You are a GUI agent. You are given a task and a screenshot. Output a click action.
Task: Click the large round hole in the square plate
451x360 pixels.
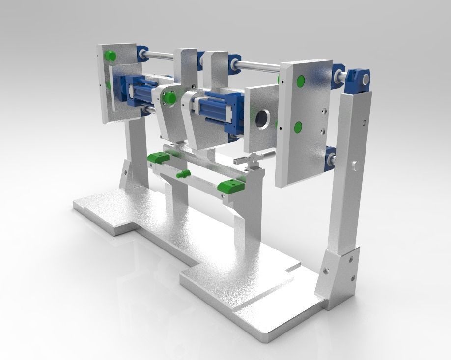[x=263, y=118]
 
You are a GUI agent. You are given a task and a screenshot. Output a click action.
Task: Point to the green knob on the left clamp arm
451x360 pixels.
[x=170, y=97]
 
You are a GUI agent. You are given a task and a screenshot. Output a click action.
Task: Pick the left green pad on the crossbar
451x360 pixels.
[x=158, y=158]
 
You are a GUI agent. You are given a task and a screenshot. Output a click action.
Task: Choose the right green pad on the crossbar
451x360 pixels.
[x=231, y=186]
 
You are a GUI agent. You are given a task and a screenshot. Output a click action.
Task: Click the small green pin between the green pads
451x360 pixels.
[x=183, y=174]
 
